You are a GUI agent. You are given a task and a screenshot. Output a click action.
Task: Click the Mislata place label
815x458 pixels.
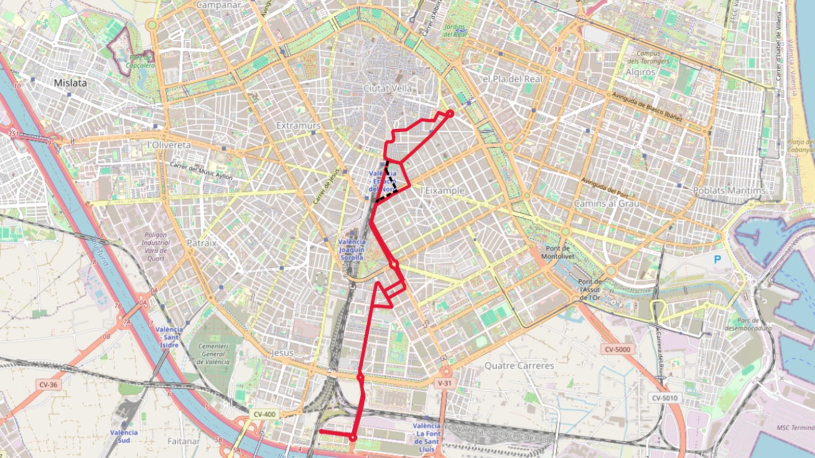70,83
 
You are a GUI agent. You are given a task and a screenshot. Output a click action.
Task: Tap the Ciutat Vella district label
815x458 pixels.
387,89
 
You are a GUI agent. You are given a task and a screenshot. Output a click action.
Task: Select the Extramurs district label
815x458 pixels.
298,125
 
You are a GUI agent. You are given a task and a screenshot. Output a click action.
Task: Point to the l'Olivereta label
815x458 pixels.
169,145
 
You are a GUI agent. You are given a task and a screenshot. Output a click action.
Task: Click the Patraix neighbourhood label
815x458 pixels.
201,243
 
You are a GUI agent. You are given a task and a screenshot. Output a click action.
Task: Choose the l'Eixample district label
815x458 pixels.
443,190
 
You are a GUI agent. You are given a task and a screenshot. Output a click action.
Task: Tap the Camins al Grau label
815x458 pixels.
607,204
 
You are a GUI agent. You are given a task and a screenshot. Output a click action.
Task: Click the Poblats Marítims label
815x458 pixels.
729,190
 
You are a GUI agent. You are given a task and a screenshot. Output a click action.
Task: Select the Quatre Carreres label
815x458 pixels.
519,365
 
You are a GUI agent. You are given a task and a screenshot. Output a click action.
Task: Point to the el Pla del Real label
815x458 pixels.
512,79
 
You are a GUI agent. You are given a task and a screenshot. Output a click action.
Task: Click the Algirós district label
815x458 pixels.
640,72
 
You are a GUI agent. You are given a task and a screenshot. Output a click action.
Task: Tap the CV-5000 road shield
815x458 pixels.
617,350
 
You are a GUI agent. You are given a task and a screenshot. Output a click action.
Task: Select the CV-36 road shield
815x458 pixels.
48,385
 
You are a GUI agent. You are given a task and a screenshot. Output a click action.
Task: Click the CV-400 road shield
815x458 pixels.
264,414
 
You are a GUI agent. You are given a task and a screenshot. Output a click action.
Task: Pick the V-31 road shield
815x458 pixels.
444,383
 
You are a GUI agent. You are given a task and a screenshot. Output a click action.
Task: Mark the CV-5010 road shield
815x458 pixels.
665,398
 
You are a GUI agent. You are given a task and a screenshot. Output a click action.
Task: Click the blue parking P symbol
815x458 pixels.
717,260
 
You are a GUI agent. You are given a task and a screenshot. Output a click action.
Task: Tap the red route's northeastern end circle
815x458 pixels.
450,113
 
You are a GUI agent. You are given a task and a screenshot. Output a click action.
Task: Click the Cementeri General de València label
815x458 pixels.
213,354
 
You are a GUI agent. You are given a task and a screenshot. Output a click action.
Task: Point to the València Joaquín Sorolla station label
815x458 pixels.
351,249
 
